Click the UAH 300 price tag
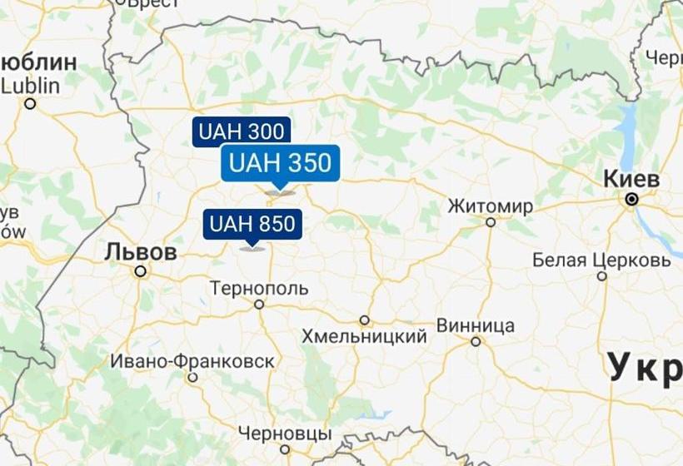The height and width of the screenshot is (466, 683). point(242,131)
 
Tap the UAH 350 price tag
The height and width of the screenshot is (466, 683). point(280,163)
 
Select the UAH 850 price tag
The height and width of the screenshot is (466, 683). point(252,224)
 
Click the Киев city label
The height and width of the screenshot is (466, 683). point(631,180)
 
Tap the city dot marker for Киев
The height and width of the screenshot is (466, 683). point(632,200)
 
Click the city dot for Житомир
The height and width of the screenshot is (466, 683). point(491,222)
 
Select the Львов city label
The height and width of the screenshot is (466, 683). point(141,251)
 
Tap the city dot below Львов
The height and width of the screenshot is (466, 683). point(141,270)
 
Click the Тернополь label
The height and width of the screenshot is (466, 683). point(259,289)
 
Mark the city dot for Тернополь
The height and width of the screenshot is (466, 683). point(259,305)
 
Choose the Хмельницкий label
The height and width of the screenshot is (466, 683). point(364,336)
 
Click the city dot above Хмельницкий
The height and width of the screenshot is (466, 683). point(364,320)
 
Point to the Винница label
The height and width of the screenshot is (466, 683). point(475,325)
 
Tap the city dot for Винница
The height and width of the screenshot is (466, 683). point(476,341)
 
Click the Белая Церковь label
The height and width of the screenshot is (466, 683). point(601,260)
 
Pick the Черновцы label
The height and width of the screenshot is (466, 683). point(284,434)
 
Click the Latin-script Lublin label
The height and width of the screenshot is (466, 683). point(31,85)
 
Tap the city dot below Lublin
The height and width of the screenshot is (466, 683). point(31,103)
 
